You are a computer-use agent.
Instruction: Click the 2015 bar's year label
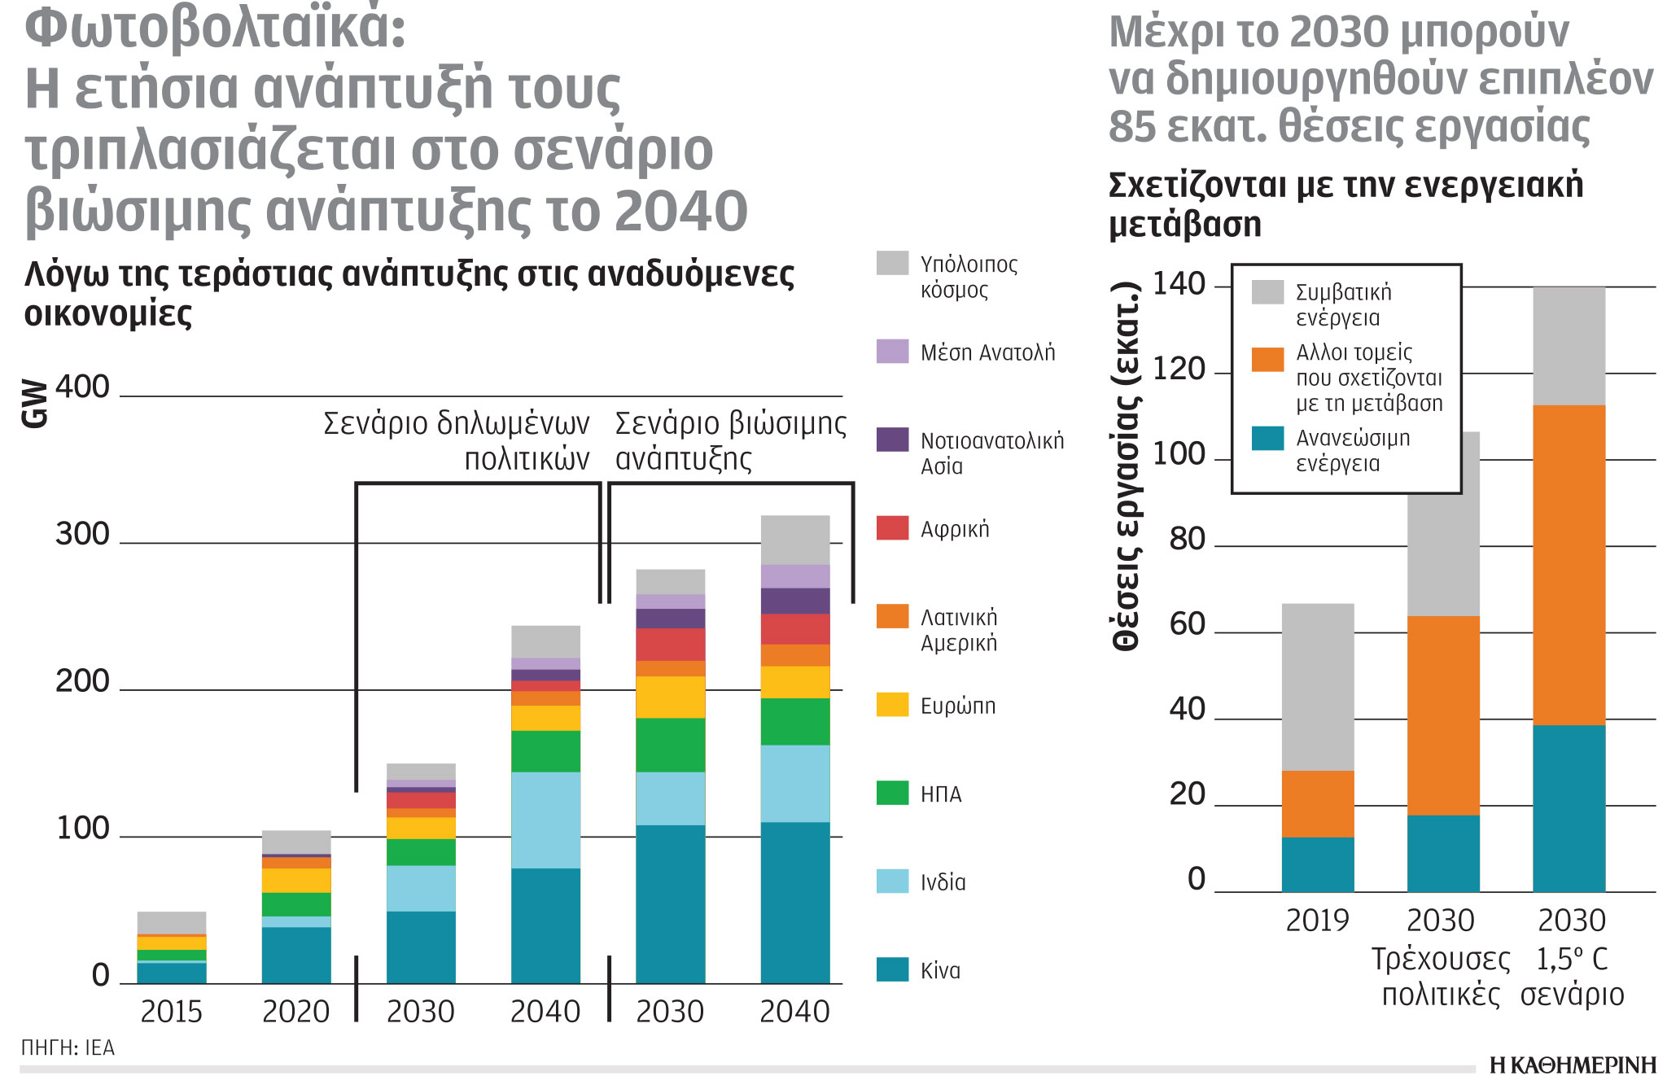coord(171,1012)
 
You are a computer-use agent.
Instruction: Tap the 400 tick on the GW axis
coord(82,387)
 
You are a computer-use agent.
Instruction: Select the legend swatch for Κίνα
coord(892,969)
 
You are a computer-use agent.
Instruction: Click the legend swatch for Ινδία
coord(892,881)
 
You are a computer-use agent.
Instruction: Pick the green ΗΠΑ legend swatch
coord(892,793)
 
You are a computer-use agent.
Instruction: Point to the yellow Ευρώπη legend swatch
coord(892,704)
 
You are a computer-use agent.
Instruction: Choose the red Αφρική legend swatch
coord(892,527)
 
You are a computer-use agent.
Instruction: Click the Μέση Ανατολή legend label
coord(987,352)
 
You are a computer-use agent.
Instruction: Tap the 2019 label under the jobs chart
coord(1317,921)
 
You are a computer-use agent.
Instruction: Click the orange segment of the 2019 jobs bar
coord(1317,804)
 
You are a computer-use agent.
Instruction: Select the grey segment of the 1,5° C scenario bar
coord(1569,346)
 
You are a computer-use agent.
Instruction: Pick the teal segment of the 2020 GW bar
coord(296,955)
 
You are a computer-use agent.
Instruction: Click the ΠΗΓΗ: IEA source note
coord(68,1047)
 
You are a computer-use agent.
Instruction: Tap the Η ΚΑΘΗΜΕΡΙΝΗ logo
coord(1573,1065)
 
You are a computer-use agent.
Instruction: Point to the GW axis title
coord(35,403)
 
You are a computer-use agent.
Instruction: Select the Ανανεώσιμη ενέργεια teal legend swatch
coord(1267,438)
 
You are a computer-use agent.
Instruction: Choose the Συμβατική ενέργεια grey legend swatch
coord(1267,292)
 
